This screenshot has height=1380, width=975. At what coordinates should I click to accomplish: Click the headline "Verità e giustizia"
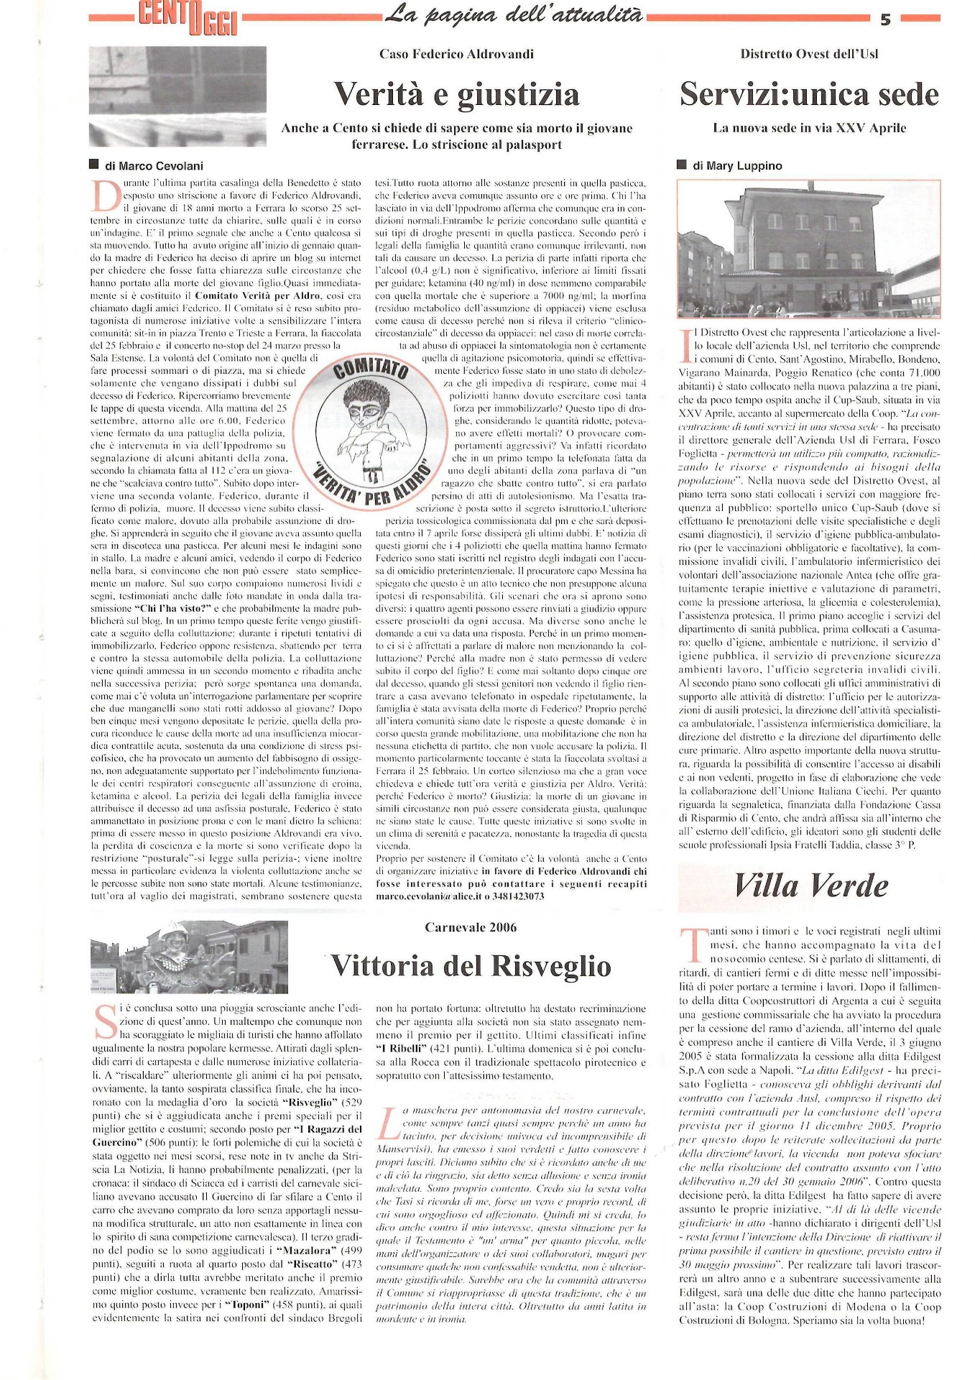click(x=456, y=94)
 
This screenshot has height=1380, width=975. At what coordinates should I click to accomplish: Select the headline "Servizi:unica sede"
click(x=809, y=94)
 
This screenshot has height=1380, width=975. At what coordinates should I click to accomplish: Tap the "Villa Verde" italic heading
click(x=810, y=885)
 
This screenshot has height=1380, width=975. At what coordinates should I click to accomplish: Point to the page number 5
click(x=885, y=19)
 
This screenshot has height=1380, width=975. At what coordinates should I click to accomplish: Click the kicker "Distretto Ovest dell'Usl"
click(x=809, y=54)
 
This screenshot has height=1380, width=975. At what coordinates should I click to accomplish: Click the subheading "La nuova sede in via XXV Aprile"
click(x=809, y=128)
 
